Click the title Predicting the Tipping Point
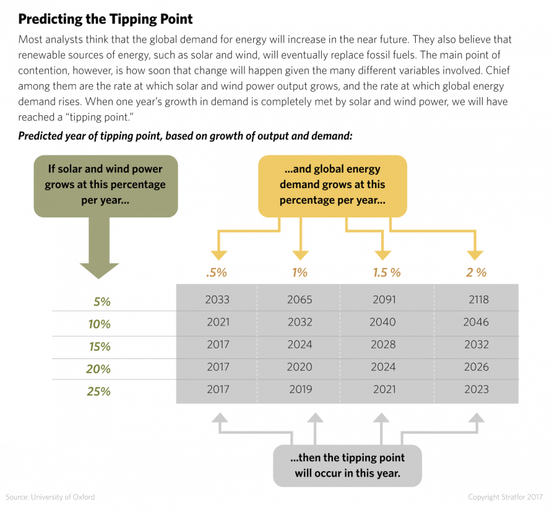coord(105,19)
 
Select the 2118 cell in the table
coord(479,300)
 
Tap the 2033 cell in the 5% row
coord(217,300)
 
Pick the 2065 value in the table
coord(299,300)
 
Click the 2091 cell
coord(385,300)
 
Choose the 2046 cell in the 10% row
coord(476,322)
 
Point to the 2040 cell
coord(383,322)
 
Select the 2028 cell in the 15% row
coord(383,344)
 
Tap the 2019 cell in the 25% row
coord(301,389)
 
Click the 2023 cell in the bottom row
coord(477,389)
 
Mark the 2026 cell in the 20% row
coord(477,367)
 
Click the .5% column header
coord(217,273)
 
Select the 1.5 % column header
coord(387,273)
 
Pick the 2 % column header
coord(476,273)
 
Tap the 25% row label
coord(99,392)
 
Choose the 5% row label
coord(102,302)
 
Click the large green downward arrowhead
coord(99,271)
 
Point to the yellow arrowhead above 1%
coord(301,256)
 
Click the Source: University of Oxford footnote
coord(51,497)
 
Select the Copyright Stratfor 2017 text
coord(506,497)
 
